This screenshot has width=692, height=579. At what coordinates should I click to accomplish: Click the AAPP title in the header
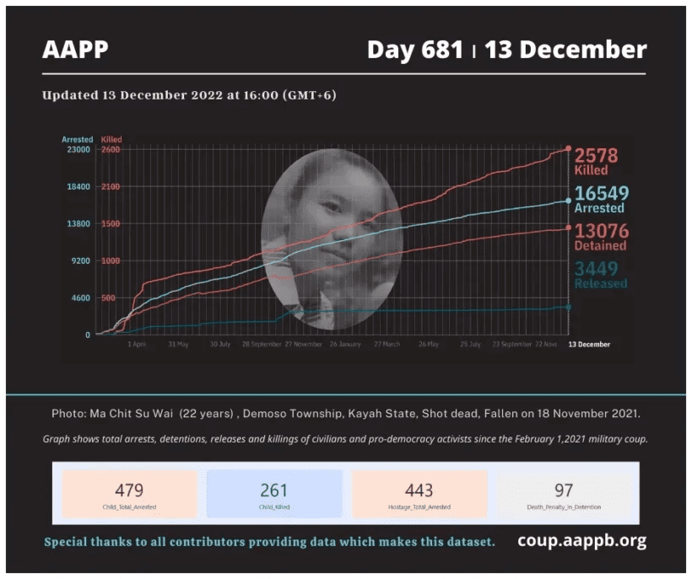[x=75, y=50]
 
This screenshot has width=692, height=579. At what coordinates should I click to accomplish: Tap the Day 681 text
[x=414, y=50]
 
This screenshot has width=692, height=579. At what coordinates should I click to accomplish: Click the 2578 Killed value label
[x=596, y=161]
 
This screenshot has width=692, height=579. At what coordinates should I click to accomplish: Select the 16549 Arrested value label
[x=601, y=199]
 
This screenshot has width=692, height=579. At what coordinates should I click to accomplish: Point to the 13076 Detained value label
[x=601, y=237]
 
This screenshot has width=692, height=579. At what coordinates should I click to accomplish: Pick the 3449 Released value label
[x=601, y=275]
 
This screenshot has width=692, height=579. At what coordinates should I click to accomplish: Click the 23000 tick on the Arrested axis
[x=78, y=150]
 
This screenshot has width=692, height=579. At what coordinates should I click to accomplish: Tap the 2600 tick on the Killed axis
[x=111, y=150]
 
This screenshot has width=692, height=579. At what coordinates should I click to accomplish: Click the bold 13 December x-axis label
[x=588, y=345]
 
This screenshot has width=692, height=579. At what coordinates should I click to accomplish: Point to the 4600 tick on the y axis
[x=81, y=298]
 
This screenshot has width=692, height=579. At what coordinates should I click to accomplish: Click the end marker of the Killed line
[x=569, y=149]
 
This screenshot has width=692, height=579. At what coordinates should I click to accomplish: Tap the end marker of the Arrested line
[x=569, y=201]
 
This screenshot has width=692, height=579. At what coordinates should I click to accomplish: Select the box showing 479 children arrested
[x=129, y=494]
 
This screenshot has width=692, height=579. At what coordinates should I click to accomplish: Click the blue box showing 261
[x=274, y=494]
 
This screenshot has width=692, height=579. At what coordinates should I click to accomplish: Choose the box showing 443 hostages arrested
[x=419, y=494]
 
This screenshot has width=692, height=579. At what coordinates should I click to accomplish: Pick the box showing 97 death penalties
[x=564, y=494]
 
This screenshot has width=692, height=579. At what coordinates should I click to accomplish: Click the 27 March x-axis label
[x=386, y=345]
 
